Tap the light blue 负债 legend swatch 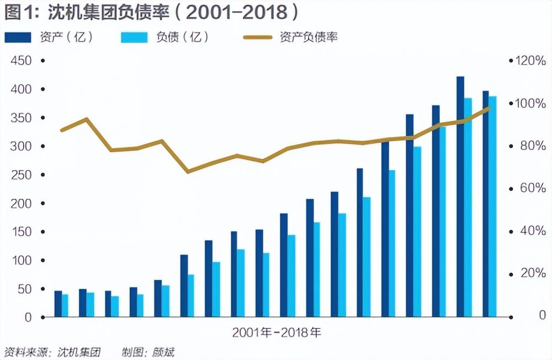click(x=134, y=38)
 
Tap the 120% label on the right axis click(x=529, y=61)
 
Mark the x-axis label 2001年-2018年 click(x=276, y=333)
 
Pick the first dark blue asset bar click(x=58, y=304)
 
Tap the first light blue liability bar click(x=65, y=306)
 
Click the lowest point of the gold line click(x=188, y=172)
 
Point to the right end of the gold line click(x=489, y=108)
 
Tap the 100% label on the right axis click(x=529, y=103)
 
